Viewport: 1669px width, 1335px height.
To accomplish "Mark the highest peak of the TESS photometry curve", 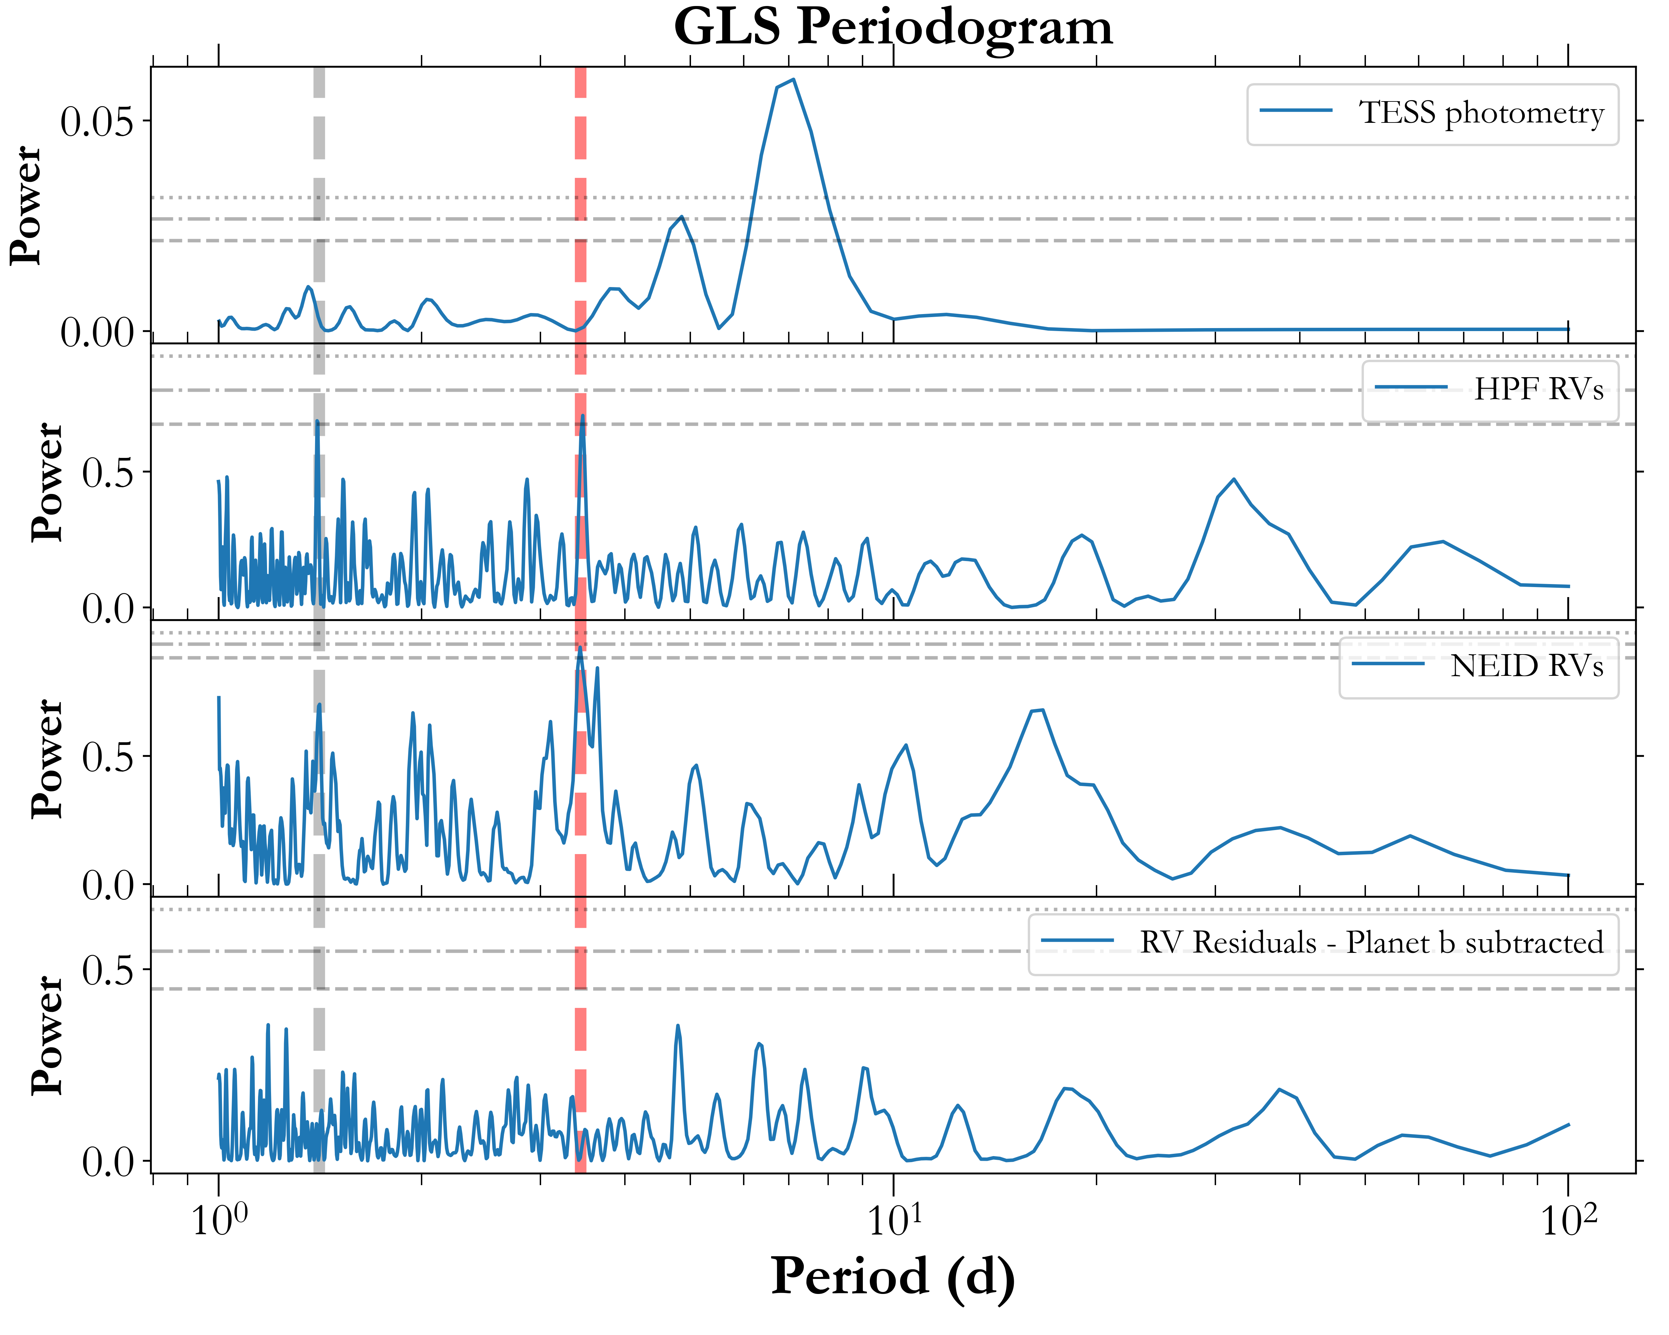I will (793, 80).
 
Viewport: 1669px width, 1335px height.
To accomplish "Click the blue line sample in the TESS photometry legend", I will (1296, 111).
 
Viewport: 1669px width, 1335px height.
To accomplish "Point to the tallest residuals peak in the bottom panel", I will (678, 1026).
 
